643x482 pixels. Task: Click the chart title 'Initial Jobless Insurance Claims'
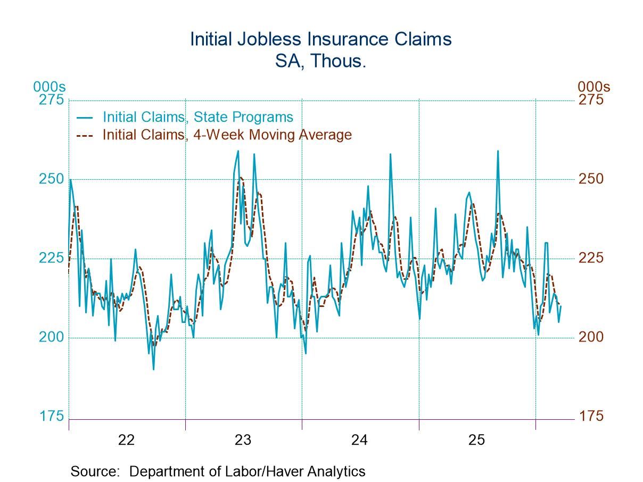click(321, 39)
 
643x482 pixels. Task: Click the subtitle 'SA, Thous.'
click(321, 61)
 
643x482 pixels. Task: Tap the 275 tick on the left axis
click(51, 100)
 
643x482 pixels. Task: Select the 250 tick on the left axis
click(51, 179)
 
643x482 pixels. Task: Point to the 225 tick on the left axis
click(51, 258)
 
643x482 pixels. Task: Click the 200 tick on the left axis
click(51, 337)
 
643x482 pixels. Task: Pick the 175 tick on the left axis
click(51, 416)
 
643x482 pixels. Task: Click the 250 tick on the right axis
click(591, 179)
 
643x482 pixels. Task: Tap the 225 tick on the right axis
click(591, 258)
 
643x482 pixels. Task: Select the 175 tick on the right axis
click(591, 416)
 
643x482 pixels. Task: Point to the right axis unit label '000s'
click(594, 87)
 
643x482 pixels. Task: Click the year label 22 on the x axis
click(126, 440)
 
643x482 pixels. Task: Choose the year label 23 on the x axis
click(243, 440)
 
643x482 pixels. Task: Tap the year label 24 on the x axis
click(359, 440)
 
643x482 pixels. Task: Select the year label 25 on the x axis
click(476, 440)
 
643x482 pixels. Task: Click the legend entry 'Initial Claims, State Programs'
click(197, 117)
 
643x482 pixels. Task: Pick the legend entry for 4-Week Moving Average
click(227, 135)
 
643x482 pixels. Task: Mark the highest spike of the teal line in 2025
click(498, 151)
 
